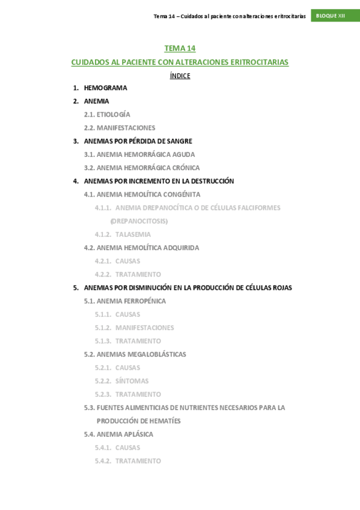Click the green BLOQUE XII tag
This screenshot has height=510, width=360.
click(x=331, y=16)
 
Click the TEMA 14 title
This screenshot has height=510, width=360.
click(x=180, y=48)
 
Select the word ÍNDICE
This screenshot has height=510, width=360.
click(x=180, y=76)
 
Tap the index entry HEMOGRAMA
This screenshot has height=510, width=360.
click(x=105, y=88)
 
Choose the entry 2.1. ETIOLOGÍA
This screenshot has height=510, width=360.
click(x=107, y=114)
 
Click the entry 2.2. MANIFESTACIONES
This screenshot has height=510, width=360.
click(x=120, y=127)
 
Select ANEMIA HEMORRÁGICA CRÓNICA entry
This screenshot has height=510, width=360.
click(x=148, y=168)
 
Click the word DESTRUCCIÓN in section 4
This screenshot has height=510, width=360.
click(x=209, y=181)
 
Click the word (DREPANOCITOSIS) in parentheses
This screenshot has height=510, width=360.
click(x=139, y=221)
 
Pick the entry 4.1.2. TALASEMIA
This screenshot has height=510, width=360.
click(x=123, y=235)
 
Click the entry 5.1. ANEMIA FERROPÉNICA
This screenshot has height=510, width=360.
click(x=125, y=301)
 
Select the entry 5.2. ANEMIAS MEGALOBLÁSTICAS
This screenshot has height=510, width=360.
click(x=135, y=354)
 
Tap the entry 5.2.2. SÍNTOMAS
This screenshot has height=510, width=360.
click(x=121, y=381)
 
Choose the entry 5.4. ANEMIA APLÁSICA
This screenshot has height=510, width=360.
click(x=118, y=434)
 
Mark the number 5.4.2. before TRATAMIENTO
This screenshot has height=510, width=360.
click(x=103, y=461)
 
